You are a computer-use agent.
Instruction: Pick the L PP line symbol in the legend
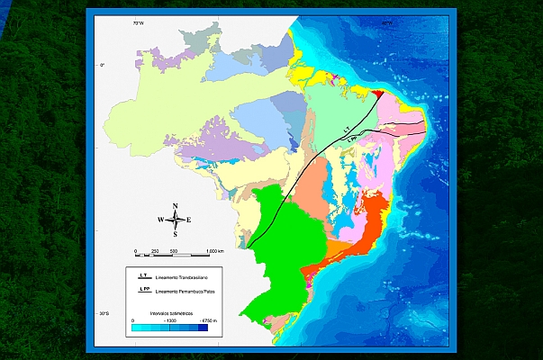coord(143,291)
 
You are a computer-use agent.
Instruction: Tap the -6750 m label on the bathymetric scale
coord(206,320)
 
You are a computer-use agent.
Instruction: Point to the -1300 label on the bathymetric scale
coord(169,320)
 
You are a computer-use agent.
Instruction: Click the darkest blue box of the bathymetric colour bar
coord(203,329)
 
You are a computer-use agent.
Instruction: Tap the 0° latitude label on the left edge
coord(103,65)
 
